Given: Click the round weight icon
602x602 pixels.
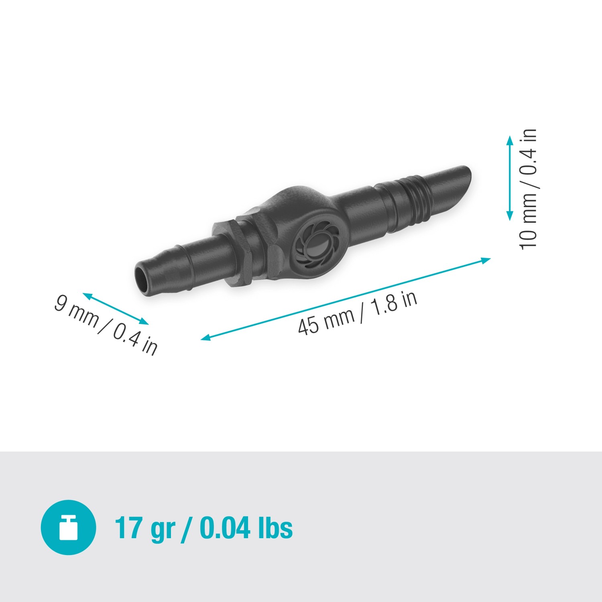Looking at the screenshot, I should click(x=68, y=527).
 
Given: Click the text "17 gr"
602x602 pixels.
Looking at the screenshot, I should click(x=145, y=528).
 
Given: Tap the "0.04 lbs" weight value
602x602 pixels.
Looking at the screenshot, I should click(x=246, y=528).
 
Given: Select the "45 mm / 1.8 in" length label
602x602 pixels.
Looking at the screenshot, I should click(x=357, y=313).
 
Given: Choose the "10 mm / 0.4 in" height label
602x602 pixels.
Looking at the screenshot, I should click(x=528, y=189).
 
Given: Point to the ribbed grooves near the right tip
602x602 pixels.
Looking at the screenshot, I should click(x=417, y=201).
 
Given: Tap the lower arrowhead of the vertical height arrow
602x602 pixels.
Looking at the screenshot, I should click(x=510, y=217).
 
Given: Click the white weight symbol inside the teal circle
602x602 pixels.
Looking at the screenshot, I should click(x=68, y=528).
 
